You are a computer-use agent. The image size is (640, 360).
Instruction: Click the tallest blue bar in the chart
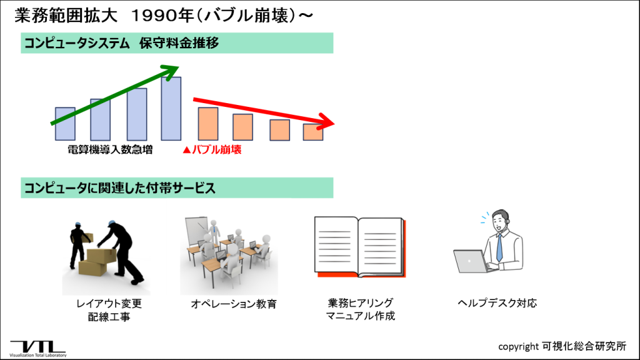pos(171,109)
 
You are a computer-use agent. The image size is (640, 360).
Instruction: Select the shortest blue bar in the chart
pos(65,124)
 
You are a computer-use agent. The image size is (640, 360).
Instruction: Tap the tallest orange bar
pos(208,124)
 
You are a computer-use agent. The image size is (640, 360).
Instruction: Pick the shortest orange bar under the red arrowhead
pos(313,132)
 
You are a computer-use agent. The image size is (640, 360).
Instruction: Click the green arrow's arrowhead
pos(171,70)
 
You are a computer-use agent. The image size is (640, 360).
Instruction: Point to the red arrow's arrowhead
pos(326,121)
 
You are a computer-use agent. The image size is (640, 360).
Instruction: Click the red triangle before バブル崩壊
pos(186,150)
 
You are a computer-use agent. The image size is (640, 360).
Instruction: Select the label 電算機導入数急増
pos(110,150)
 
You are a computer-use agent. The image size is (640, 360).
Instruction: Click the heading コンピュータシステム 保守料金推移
pos(122,43)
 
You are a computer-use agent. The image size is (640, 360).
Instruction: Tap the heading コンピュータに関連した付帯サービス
pos(119,188)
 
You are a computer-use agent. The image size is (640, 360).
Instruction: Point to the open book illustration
pos(360,247)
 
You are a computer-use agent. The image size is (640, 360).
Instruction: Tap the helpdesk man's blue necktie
pos(499,247)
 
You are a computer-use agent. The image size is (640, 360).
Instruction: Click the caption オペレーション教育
pos(234,304)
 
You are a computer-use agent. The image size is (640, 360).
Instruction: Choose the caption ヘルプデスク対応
pos(497,303)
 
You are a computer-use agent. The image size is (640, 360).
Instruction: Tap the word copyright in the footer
pos(518,347)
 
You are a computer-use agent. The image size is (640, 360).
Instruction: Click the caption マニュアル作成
pos(361,316)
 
